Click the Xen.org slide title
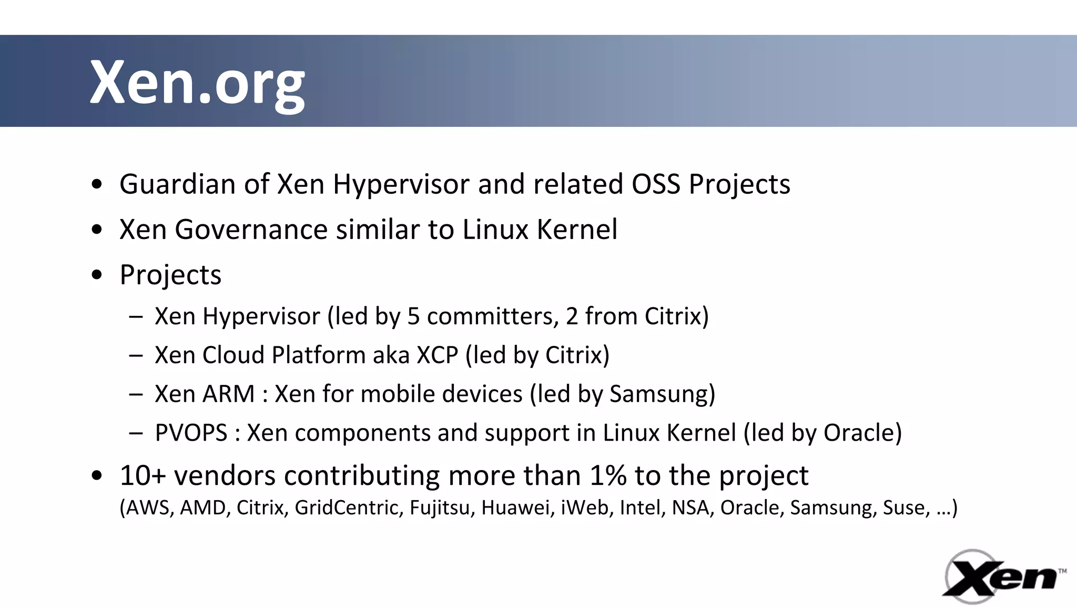pos(197,83)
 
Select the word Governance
pos(251,230)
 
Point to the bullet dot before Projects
pos(96,275)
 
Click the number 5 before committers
pos(413,316)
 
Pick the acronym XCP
pos(437,355)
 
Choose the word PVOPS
pos(191,433)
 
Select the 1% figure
pos(608,475)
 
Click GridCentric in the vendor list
pos(349,508)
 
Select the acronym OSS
pos(656,184)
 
